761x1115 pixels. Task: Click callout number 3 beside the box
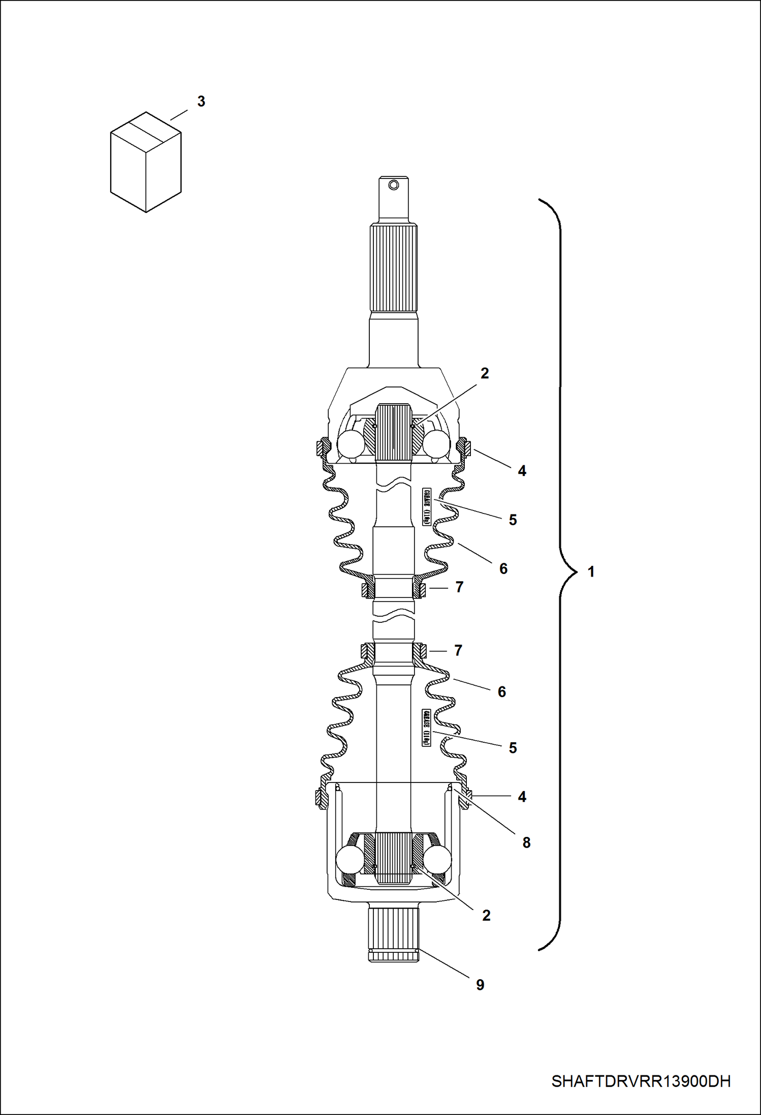[201, 101]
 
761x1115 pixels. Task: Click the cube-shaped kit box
[146, 162]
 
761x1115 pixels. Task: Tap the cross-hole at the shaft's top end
[394, 185]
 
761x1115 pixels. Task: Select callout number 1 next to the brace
[591, 572]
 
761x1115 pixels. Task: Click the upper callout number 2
[485, 373]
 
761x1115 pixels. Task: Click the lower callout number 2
[486, 915]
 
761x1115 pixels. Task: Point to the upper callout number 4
[522, 471]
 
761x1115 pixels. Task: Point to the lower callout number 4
[522, 797]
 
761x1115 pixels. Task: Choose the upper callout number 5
[513, 520]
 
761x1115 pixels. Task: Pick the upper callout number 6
[503, 568]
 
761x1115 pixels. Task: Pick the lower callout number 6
[501, 691]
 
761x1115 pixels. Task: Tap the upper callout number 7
[459, 587]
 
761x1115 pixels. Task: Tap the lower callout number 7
[458, 650]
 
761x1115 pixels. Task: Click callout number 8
[526, 842]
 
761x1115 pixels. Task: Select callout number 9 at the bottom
[480, 985]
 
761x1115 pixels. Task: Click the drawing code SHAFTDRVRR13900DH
[641, 1081]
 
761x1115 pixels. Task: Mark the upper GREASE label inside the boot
[426, 507]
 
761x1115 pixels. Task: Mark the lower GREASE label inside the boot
[426, 728]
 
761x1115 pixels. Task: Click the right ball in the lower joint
[437, 860]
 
